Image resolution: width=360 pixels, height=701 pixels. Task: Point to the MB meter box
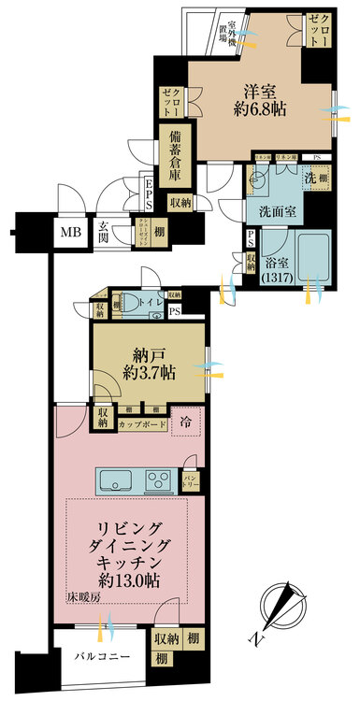tap(71, 233)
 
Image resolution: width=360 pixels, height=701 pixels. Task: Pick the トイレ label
tap(151, 304)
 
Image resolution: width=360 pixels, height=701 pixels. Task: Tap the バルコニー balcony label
tap(101, 655)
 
